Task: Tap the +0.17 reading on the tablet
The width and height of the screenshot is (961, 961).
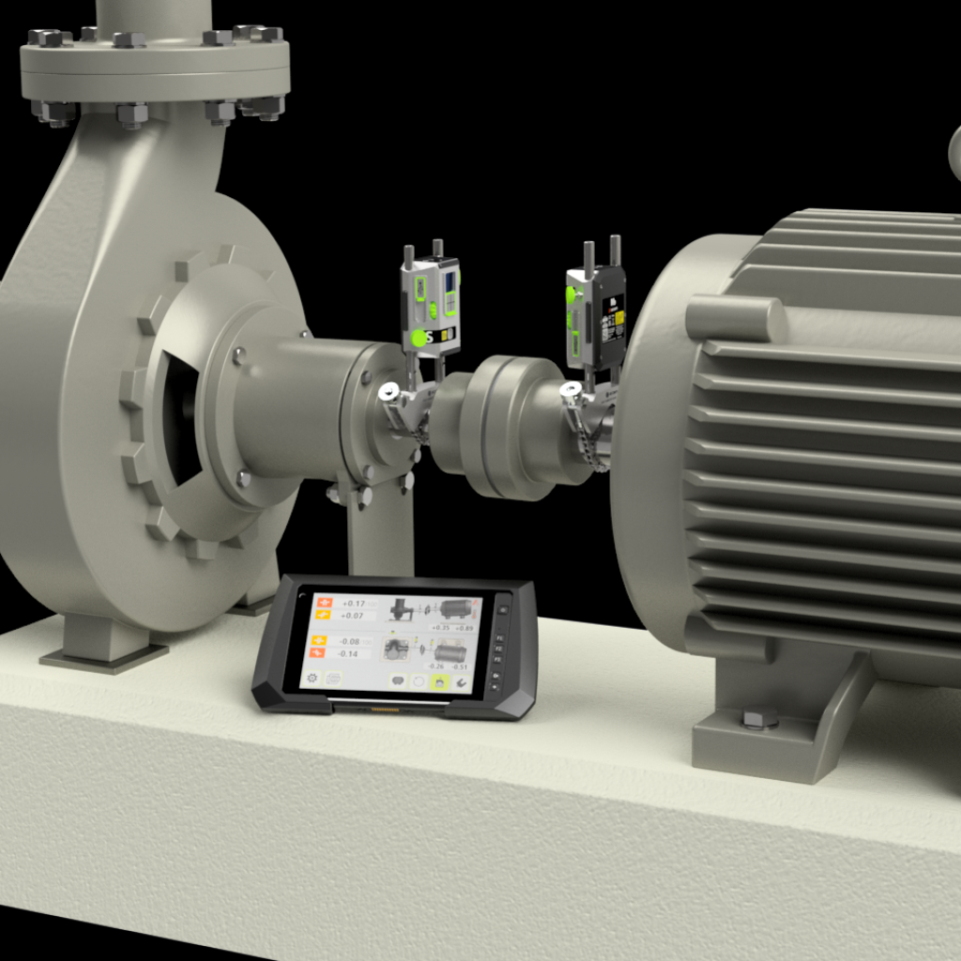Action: point(354,603)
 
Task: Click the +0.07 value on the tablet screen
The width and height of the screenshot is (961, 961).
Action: point(353,616)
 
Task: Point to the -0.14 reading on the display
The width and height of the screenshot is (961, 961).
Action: point(348,653)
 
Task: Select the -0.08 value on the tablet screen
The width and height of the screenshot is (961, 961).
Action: point(348,641)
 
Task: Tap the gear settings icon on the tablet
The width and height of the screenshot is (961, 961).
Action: point(312,677)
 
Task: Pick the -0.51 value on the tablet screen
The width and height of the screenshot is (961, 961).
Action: point(460,666)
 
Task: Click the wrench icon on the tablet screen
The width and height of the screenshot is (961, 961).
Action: point(461,682)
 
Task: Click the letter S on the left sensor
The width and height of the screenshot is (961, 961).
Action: point(430,336)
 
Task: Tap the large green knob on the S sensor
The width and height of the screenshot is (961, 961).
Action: point(418,338)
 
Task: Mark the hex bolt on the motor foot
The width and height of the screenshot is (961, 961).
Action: point(759,719)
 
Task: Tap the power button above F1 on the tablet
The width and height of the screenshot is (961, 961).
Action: point(502,609)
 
